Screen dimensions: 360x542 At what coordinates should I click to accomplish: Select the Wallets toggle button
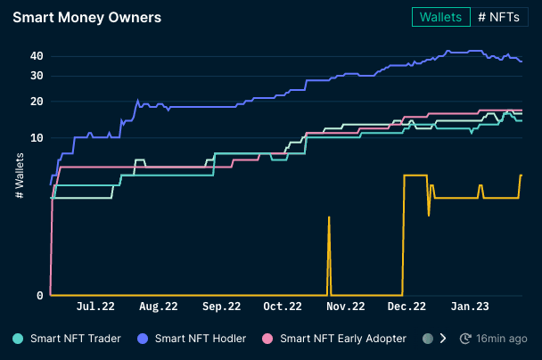click(x=440, y=17)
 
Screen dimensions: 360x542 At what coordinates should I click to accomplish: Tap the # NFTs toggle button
click(x=499, y=17)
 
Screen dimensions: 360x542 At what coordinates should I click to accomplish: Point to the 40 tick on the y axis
click(x=37, y=55)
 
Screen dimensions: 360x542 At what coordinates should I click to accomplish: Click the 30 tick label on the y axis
click(x=37, y=75)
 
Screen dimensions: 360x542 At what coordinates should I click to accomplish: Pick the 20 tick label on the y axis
click(x=37, y=102)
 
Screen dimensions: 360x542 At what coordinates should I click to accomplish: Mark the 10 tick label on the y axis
click(x=37, y=138)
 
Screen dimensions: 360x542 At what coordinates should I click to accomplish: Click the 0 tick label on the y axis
click(x=40, y=296)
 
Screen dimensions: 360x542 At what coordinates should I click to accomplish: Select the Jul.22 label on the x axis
click(x=96, y=307)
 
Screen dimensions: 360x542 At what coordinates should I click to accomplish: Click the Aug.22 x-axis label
click(x=159, y=307)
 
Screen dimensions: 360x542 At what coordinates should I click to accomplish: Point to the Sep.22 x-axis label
click(x=221, y=307)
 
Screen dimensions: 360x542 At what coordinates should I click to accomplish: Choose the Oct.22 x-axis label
click(x=283, y=307)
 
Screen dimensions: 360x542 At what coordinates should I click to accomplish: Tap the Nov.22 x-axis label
click(x=345, y=307)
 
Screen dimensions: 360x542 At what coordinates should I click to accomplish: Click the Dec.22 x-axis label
click(x=406, y=307)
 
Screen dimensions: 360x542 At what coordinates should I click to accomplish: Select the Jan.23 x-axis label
click(x=468, y=307)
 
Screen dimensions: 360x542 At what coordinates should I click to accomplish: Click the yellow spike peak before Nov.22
click(x=329, y=217)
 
